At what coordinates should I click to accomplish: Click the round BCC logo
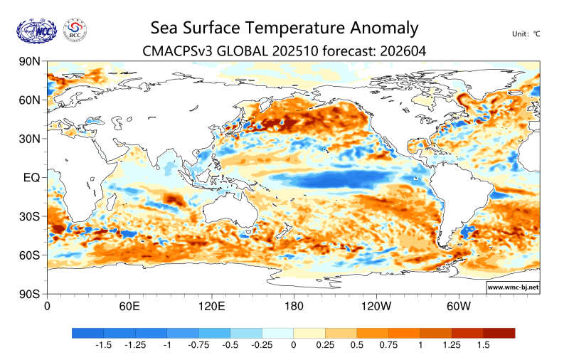tap(75, 29)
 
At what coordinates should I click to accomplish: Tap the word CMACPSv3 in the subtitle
tap(175, 51)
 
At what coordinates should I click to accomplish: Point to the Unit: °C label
tap(526, 34)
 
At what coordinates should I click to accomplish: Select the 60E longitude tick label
tap(129, 307)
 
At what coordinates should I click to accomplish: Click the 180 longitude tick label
tap(294, 307)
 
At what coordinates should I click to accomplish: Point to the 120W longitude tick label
tap(376, 307)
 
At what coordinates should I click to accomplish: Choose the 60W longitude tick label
tap(459, 307)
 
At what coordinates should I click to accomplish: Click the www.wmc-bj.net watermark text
tap(512, 287)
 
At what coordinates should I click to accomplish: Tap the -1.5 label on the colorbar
tap(103, 345)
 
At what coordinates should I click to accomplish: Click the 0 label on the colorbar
tap(293, 345)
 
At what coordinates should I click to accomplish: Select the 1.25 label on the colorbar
tap(452, 345)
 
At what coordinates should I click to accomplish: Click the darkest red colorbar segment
tap(499, 333)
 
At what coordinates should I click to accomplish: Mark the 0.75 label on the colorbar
tap(388, 345)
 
